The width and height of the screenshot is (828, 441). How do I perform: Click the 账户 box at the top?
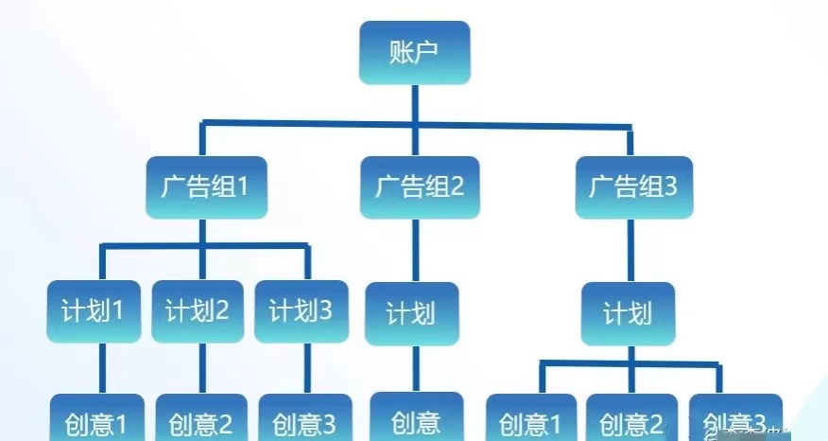(414, 53)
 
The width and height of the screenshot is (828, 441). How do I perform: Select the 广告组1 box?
(204, 186)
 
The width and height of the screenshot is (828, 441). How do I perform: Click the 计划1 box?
(94, 311)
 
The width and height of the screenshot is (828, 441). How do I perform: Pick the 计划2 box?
(198, 311)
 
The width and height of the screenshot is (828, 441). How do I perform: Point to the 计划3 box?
(302, 311)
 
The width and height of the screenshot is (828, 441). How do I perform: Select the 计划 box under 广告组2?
(412, 313)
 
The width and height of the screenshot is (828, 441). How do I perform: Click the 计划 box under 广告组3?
(628, 313)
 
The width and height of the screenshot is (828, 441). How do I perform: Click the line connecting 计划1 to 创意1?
(101, 367)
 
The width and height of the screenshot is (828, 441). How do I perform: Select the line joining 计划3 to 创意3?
(306, 367)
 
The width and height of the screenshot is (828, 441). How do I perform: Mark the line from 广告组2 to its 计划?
(415, 250)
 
